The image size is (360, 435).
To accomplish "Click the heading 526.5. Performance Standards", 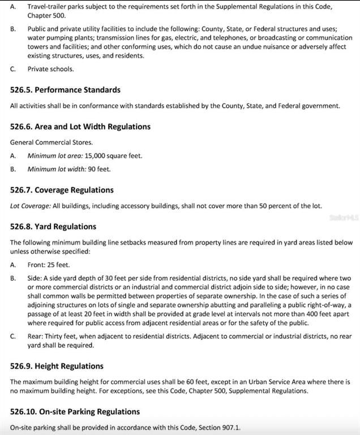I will coord(65,90).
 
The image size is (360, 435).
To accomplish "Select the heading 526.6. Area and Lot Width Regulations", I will coord(80,126).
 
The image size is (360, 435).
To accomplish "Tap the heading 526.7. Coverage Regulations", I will coord(62,190).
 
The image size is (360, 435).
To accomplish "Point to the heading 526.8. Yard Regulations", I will coord(53,227).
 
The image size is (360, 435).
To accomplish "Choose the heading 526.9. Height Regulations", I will coord(57,366).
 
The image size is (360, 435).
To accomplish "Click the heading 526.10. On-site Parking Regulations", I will coord(75,412).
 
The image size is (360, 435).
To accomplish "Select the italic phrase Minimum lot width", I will coord(57,169).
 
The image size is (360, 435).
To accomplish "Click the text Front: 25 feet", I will coord(49,265).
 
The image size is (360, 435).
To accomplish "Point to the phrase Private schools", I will coord(50,69).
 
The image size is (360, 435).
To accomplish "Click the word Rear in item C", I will coord(35,336).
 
